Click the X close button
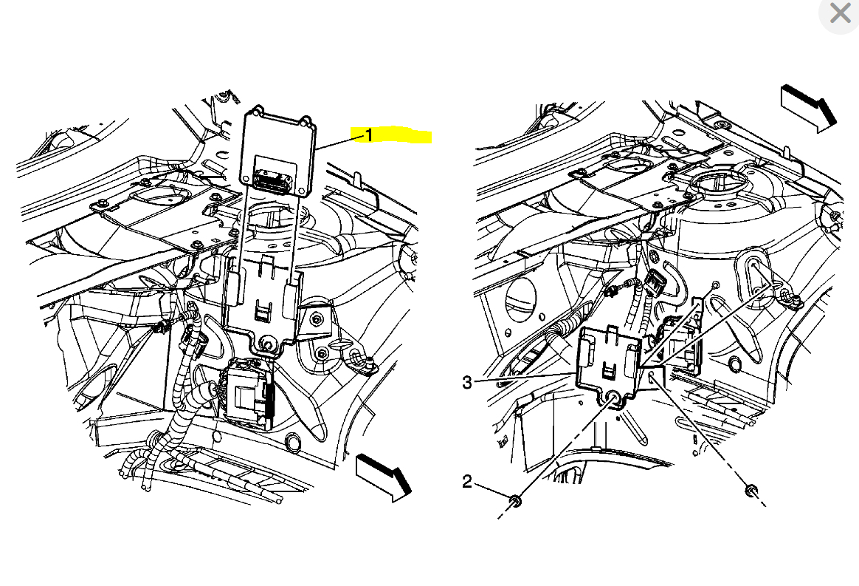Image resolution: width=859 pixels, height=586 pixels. [840, 13]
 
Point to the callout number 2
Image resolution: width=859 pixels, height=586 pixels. [466, 482]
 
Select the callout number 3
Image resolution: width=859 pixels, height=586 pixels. [466, 382]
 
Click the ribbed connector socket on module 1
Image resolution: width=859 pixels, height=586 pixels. [271, 177]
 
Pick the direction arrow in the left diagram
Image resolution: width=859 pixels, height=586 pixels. [383, 475]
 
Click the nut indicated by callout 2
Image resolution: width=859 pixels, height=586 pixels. [516, 502]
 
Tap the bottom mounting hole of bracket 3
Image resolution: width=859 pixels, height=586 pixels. [613, 399]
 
